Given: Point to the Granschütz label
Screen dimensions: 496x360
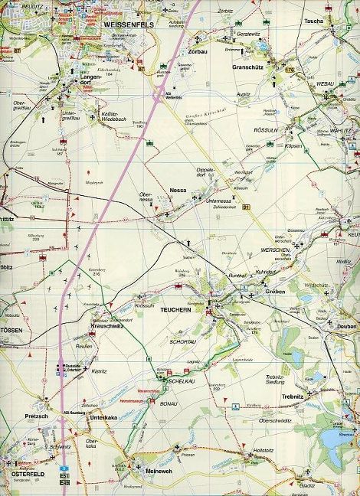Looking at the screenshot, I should [x=248, y=67].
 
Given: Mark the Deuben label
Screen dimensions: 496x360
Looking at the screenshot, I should [x=346, y=327].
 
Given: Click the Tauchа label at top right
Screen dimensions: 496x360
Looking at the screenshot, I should [x=314, y=21].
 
